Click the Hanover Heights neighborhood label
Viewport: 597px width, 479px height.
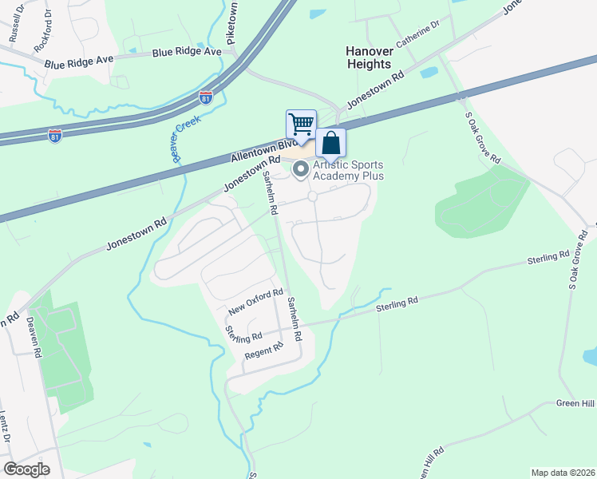pos(369,57)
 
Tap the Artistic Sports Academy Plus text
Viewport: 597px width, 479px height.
pos(349,170)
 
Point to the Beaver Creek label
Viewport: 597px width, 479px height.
pos(178,137)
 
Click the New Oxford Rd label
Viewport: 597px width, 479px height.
pos(255,302)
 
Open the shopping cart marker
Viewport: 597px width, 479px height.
pos(301,125)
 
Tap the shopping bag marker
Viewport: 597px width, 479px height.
pos(331,144)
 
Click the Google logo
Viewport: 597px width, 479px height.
pos(26,469)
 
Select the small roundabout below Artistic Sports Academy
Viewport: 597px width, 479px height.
pos(312,196)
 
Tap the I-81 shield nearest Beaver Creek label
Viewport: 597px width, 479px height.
pos(206,97)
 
